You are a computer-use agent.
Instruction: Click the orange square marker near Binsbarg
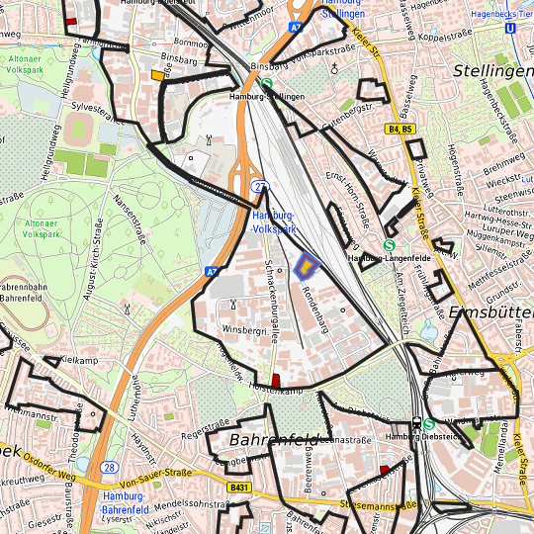point(157,75)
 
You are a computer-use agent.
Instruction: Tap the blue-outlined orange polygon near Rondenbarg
point(307,265)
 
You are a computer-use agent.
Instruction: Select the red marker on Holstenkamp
point(276,381)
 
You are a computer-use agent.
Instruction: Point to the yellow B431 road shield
point(237,488)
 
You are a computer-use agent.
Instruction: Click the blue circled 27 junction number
point(259,186)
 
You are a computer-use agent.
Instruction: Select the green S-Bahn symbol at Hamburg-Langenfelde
point(389,246)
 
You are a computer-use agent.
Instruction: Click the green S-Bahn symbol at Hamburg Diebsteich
point(428,423)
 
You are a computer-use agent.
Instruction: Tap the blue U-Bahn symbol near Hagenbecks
point(509,29)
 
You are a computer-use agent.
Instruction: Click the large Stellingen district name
point(492,72)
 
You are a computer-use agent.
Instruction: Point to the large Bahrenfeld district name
point(272,439)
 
